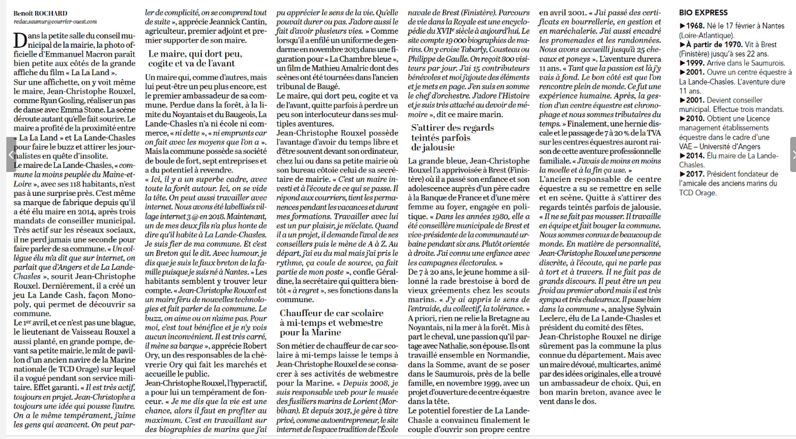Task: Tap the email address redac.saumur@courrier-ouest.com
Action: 55,21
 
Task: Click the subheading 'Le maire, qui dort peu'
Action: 195,54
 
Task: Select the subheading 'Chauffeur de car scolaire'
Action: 331,313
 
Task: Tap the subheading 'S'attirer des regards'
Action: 452,128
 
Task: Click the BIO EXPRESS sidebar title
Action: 703,12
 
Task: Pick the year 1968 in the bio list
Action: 696,26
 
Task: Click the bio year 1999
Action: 696,63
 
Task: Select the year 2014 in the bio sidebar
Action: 696,156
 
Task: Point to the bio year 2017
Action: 696,174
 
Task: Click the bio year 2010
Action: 696,118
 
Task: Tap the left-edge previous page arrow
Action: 11,154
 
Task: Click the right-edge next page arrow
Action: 793,154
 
